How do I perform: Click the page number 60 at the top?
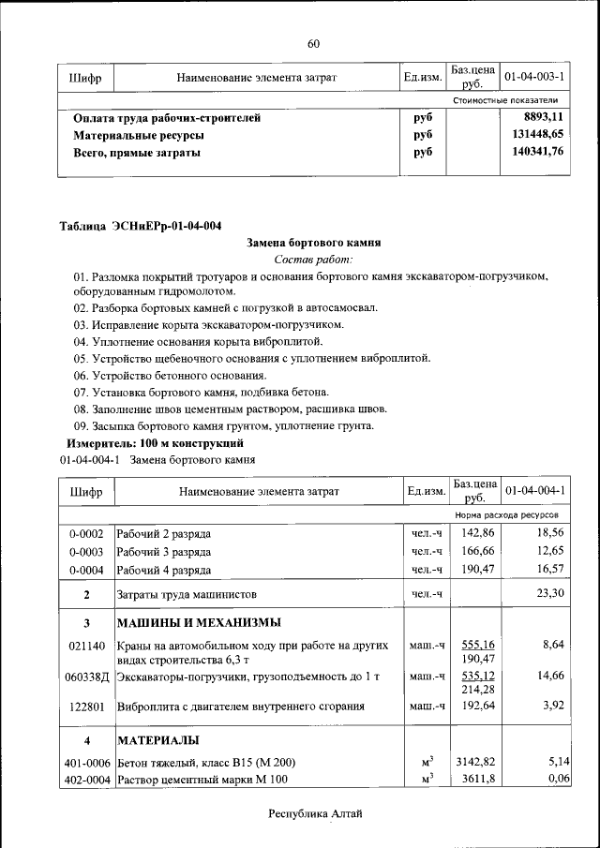coord(313,43)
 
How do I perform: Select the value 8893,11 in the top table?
coord(544,118)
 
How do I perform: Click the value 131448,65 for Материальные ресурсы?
coord(537,135)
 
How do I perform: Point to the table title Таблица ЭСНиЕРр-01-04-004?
coord(141,225)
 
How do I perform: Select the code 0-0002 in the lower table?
coord(85,534)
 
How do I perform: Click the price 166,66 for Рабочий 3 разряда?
coord(474,551)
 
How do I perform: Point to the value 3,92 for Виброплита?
coord(554,707)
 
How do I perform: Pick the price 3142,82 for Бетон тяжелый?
coord(474,764)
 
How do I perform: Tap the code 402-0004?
coord(85,780)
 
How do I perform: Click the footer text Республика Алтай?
coord(314,814)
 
